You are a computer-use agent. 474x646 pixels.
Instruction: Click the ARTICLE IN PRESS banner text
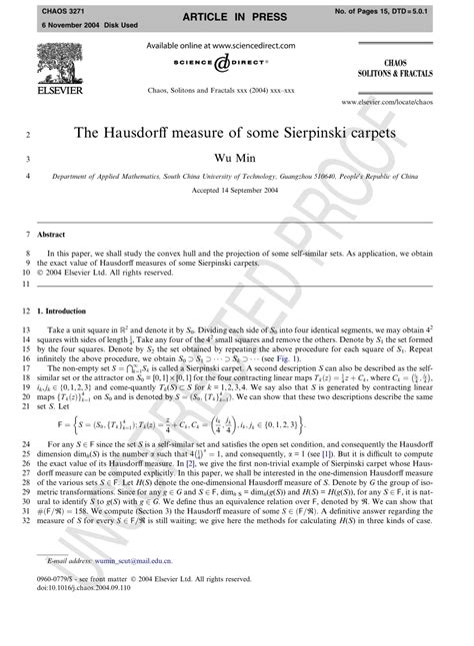(x=237, y=17)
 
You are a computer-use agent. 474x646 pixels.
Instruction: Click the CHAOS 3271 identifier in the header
(x=39, y=9)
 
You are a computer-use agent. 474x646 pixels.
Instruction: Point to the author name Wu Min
(x=236, y=156)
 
